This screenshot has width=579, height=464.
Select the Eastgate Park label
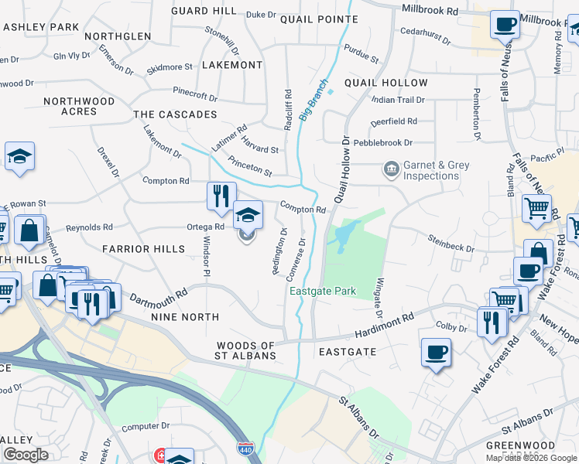click(x=323, y=292)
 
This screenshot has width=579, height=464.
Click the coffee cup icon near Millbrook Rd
click(x=505, y=24)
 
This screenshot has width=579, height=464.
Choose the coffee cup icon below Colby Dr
click(x=437, y=353)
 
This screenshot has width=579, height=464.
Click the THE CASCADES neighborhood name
click(x=175, y=114)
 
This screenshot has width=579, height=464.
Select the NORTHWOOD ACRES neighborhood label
click(x=79, y=107)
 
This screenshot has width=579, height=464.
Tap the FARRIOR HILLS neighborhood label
click(x=143, y=249)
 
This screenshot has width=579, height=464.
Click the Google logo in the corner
click(x=26, y=455)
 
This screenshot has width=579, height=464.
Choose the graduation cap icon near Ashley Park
click(x=19, y=158)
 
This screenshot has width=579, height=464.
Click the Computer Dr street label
click(x=146, y=426)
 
